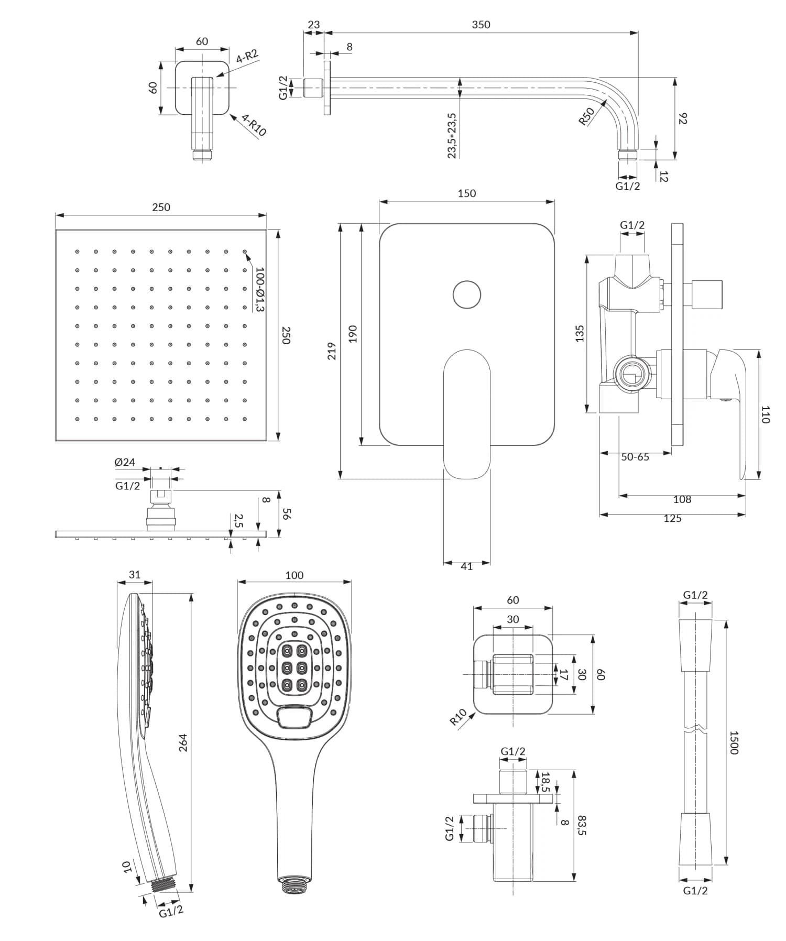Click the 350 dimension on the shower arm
tap(481, 25)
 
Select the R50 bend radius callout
tap(587, 116)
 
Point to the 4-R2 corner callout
tap(247, 57)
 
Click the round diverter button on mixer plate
tap(466, 294)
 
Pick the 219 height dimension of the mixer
tap(331, 351)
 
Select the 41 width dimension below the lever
tap(466, 566)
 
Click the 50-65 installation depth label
tap(635, 457)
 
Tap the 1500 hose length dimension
tap(734, 742)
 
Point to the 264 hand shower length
tap(183, 742)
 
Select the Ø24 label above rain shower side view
tap(125, 462)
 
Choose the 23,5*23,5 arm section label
tap(452, 135)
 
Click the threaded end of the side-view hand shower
tap(164, 885)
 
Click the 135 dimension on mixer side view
tap(580, 334)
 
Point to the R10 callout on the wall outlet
tap(458, 717)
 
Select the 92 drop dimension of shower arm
tap(682, 118)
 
